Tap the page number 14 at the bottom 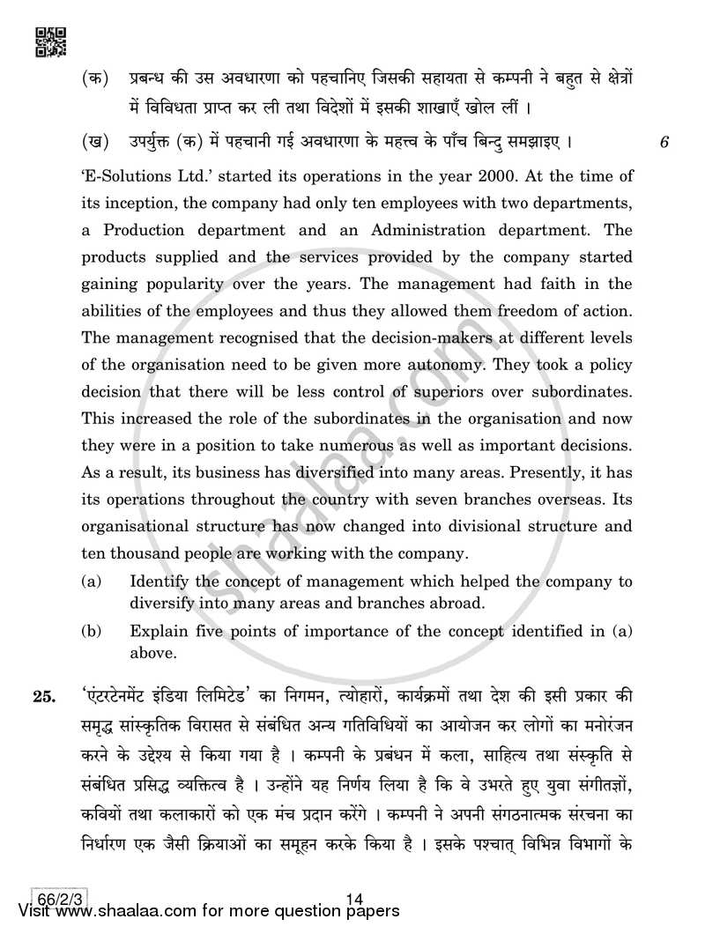pos(356,899)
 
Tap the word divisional pos(471,527)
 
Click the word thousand pos(145,554)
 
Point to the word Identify pos(160,582)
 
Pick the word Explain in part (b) pos(158,632)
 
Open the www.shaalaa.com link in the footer pos(115,916)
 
